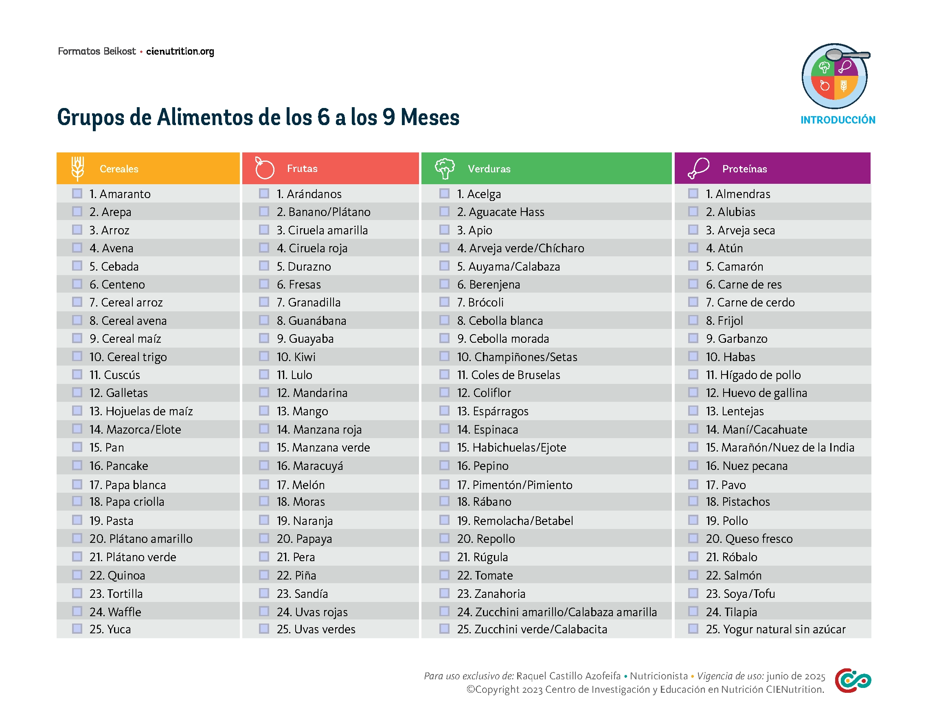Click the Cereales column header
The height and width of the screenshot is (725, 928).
point(119,169)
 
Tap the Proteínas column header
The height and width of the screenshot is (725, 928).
point(744,169)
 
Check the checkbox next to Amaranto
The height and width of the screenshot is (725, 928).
point(77,194)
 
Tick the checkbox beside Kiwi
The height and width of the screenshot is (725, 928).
point(264,356)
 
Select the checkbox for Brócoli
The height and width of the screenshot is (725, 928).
point(444,302)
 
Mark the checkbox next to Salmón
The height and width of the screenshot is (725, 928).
point(693,575)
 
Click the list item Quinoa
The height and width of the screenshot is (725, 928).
point(117,575)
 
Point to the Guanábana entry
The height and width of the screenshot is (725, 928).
point(312,321)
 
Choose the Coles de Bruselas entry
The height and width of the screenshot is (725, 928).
point(509,375)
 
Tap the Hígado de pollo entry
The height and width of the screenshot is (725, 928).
point(753,375)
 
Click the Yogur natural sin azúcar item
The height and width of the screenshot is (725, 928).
point(775,629)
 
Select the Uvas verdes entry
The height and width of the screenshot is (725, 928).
point(316,629)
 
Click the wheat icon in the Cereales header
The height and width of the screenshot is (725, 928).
point(77,168)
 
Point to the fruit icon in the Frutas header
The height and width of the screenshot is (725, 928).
point(264,168)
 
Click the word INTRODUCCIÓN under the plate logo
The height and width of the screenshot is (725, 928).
point(838,120)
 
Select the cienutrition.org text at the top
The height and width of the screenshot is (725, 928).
point(180,51)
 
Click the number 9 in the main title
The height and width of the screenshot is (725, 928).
point(389,117)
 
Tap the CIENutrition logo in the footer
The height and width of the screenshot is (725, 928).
point(852,680)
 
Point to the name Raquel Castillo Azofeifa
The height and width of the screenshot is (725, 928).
point(568,676)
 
